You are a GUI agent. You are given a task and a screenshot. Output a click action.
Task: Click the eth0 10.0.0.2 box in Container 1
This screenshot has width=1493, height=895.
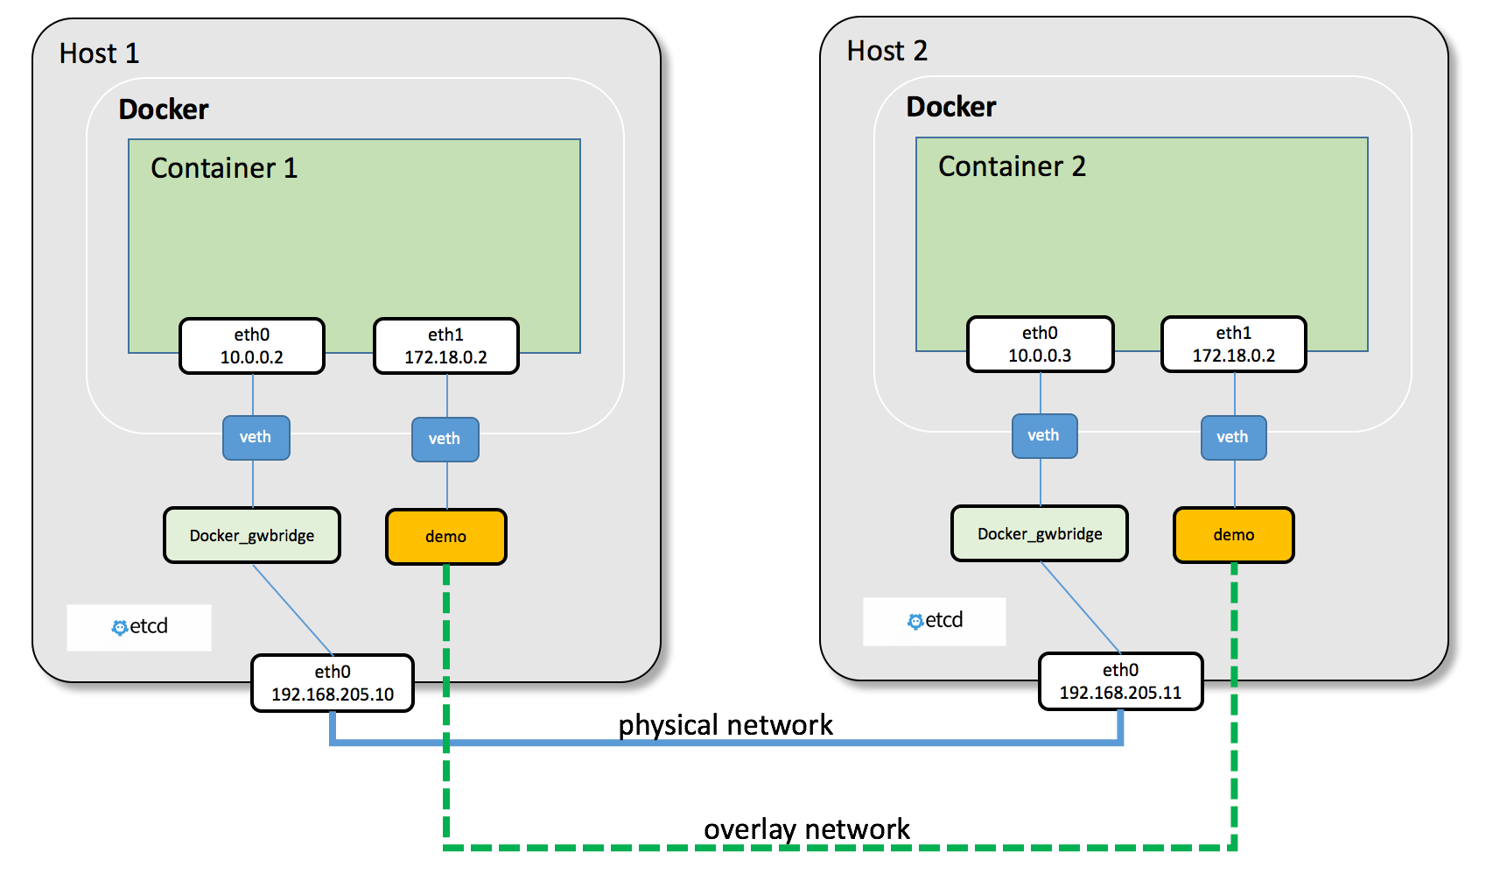pos(252,347)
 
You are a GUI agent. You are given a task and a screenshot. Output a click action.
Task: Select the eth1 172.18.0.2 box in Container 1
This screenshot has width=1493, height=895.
pos(445,347)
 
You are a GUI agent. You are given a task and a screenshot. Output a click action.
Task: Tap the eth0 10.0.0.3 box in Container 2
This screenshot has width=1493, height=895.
pos(1040,345)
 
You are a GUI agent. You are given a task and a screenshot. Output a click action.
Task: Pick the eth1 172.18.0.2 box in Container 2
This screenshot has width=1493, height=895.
pos(1233,345)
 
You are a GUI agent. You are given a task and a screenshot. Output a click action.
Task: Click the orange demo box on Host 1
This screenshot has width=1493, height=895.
pos(445,537)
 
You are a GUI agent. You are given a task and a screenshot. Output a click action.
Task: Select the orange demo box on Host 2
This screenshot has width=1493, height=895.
pos(1233,535)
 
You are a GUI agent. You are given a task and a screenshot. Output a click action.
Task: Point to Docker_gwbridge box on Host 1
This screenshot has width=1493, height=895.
pos(252,536)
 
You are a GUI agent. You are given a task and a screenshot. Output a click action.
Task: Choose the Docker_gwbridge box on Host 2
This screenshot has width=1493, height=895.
pos(1040,534)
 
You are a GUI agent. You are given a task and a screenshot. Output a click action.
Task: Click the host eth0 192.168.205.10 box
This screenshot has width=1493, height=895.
pos(333,683)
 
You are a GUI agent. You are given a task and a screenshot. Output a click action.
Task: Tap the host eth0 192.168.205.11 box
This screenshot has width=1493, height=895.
pos(1120,681)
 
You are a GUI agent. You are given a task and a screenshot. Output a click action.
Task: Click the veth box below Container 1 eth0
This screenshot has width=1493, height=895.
pos(256,438)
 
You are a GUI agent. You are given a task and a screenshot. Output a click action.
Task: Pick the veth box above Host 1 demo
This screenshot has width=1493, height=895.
pos(445,440)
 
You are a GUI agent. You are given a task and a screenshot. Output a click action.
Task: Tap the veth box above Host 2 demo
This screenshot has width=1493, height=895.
pos(1232,438)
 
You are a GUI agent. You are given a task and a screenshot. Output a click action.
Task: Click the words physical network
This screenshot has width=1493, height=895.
pos(725,725)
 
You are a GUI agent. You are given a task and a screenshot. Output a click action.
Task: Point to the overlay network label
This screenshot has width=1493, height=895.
pos(806,829)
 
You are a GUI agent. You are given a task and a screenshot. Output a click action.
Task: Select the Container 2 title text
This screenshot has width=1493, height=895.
pos(1012,166)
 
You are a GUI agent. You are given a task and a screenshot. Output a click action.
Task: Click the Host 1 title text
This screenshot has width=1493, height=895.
pos(99,53)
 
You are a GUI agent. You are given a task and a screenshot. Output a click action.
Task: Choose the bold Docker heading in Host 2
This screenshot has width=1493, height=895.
pos(951,107)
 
